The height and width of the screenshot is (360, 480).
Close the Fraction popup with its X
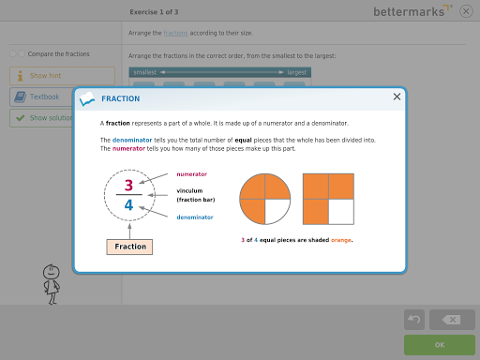pos(397,97)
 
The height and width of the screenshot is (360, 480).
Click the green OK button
pos(440,345)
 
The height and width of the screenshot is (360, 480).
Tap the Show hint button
pos(62,76)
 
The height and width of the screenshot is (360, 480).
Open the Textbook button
pos(42,97)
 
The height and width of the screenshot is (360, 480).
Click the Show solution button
pos(42,118)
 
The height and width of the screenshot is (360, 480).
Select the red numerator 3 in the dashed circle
pos(128,186)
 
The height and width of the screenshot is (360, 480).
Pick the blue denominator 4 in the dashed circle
pos(128,205)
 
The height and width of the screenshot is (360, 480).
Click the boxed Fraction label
pos(129,247)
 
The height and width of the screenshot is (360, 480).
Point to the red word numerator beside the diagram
pos(192,174)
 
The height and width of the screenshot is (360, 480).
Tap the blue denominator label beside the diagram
pos(195,217)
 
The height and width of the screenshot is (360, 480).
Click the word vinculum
pos(189,191)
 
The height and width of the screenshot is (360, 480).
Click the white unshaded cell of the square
pos(341,212)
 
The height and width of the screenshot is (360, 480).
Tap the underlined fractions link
pos(175,33)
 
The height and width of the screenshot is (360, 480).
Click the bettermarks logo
pos(412,11)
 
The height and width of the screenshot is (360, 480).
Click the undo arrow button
pos(414,320)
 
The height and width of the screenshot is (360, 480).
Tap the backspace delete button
pos(452,320)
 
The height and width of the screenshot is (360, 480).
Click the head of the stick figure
pos(52,272)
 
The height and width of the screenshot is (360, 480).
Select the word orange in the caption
pos(341,240)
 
